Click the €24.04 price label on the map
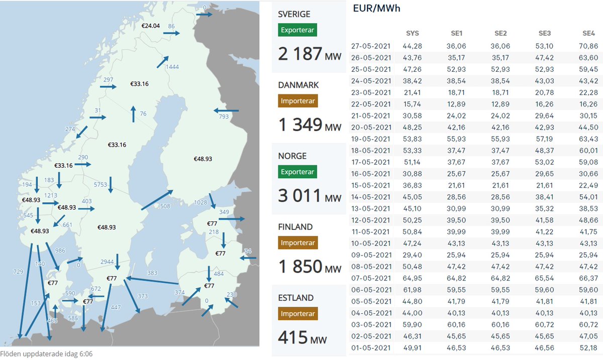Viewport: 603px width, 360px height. (150, 26)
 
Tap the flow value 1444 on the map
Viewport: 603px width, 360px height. (172, 67)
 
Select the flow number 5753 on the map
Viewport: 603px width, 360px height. (100, 185)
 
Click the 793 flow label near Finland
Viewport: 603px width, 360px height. (224, 116)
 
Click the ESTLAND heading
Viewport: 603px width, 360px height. (296, 298)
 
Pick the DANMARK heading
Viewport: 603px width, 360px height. (298, 85)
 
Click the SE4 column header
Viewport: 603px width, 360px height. (588, 34)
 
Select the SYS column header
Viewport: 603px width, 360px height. (412, 34)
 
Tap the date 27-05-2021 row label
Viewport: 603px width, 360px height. (371, 46)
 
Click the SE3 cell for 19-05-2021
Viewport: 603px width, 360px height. (544, 139)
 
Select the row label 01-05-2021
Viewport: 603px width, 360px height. (371, 347)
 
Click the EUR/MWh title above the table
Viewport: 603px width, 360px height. (377, 9)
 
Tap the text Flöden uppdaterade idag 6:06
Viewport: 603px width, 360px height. (47, 354)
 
